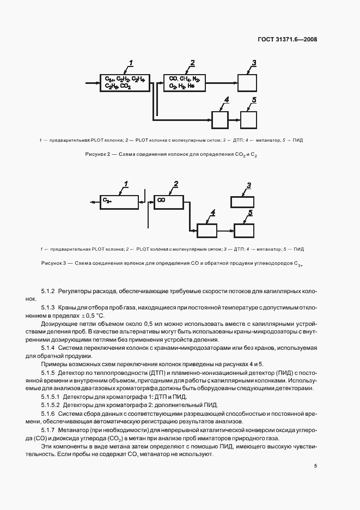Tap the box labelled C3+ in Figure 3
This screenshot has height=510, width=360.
(x=119, y=202)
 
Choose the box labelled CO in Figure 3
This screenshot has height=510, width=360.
(x=171, y=202)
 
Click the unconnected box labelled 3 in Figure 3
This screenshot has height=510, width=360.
(x=242, y=202)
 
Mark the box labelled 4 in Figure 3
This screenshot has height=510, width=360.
(x=206, y=230)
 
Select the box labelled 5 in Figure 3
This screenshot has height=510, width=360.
(x=245, y=230)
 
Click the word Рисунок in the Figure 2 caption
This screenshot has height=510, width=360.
(x=96, y=155)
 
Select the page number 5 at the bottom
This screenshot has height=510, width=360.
(x=315, y=466)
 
